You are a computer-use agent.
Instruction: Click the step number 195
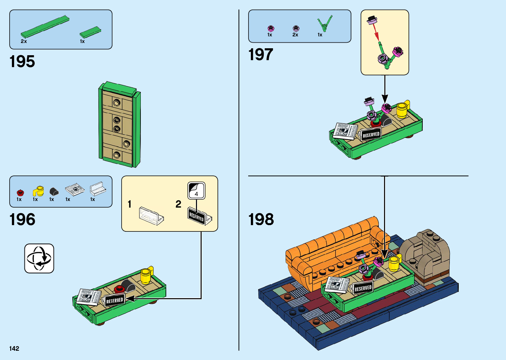(22, 62)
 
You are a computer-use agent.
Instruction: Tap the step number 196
(22, 220)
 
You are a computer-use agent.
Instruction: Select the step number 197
(260, 55)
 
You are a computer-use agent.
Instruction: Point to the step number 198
(261, 220)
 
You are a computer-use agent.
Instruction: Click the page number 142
(14, 348)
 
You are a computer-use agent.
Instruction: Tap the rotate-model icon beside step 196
(39, 259)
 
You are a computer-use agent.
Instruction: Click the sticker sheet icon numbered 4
(196, 191)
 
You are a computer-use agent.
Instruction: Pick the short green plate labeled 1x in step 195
(90, 32)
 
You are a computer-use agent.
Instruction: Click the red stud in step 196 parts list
(20, 192)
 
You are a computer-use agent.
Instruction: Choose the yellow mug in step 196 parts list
(38, 191)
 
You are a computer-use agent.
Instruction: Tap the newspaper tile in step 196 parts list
(75, 189)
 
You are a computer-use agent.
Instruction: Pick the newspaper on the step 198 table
(337, 284)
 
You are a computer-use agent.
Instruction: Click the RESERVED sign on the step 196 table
(114, 300)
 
